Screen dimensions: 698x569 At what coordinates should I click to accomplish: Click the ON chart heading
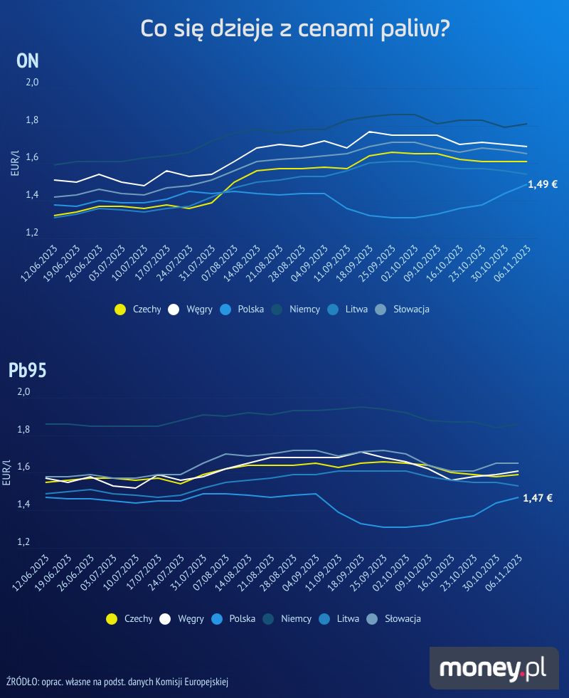point(27,60)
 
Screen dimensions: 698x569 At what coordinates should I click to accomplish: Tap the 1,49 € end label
point(542,184)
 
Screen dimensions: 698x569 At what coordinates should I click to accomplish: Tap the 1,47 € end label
point(538,498)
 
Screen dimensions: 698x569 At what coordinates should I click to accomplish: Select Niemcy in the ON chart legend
point(304,310)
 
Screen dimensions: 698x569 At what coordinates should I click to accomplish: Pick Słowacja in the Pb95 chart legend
point(403,619)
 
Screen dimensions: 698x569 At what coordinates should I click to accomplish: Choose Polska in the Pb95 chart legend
point(242,619)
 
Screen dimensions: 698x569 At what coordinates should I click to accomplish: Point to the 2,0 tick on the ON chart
point(32,83)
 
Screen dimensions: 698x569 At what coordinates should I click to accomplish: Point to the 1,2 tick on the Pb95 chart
point(23,543)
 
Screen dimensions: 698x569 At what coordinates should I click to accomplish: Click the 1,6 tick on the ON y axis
point(32,158)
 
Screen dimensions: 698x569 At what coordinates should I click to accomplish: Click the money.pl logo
point(492,668)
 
